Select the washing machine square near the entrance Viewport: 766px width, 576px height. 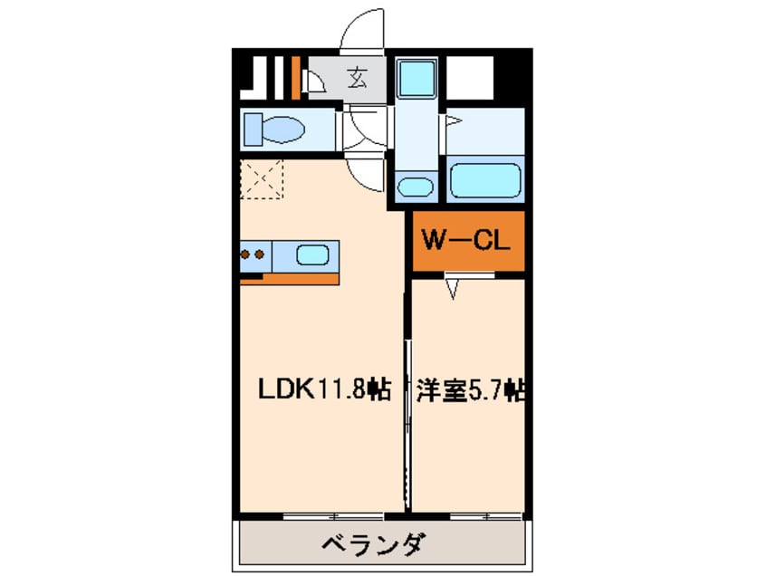[416, 78]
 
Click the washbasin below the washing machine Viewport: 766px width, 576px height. [415, 187]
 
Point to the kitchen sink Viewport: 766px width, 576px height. [312, 254]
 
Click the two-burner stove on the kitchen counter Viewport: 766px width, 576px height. [253, 254]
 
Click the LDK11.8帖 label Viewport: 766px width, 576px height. [323, 390]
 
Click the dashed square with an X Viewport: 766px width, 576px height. [263, 178]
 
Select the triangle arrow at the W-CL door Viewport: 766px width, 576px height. [453, 288]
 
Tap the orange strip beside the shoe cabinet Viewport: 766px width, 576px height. [295, 78]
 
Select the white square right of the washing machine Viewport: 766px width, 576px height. [471, 78]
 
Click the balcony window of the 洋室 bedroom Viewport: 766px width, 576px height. [484, 516]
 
